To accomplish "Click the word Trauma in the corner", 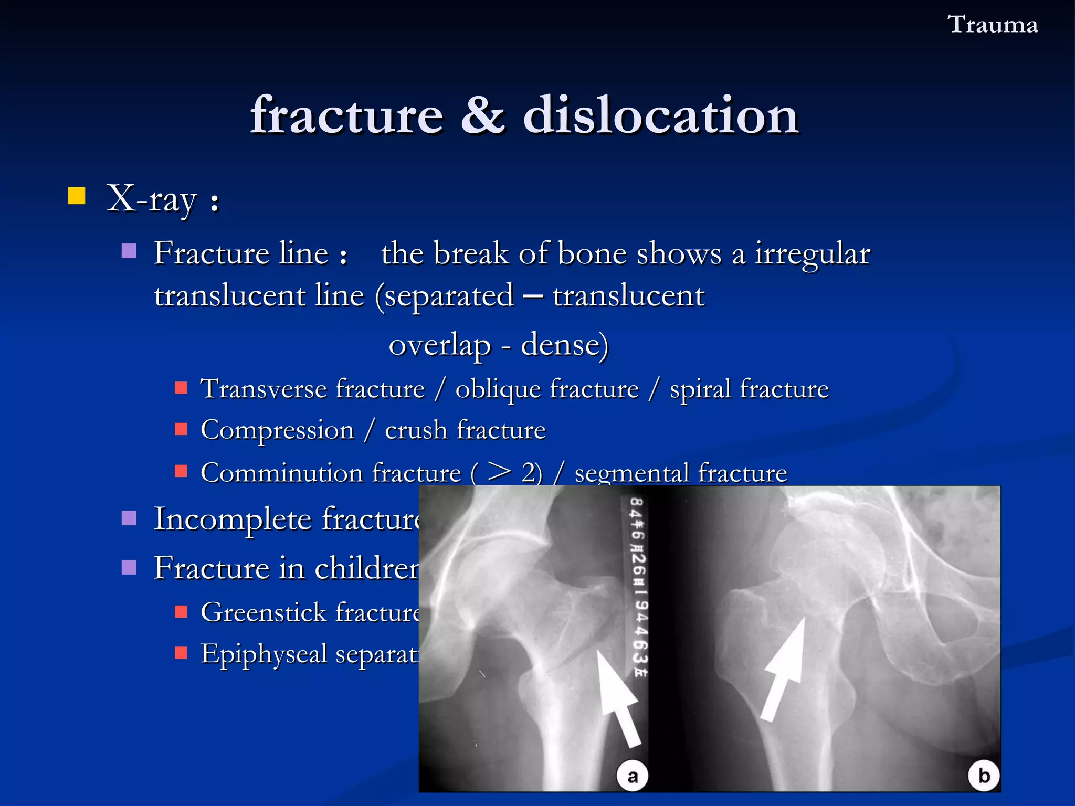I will point(992,25).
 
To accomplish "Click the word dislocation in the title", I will point(660,115).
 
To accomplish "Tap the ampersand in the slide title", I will point(482,115).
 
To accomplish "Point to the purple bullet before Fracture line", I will point(129,251).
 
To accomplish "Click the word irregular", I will point(812,254).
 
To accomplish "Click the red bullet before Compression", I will point(181,429).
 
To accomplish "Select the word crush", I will point(415,430).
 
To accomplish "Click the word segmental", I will point(631,473).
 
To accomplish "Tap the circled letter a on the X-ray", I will point(632,776).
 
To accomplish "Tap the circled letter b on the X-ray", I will point(984,776).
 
